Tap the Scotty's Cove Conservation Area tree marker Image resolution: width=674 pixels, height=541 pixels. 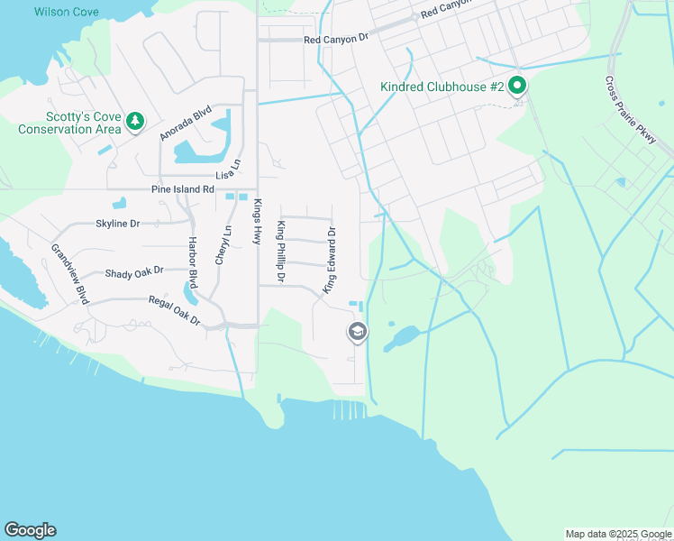tap(135, 120)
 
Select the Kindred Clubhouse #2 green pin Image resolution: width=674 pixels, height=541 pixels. tap(517, 87)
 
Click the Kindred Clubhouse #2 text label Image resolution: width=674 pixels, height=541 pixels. tap(442, 87)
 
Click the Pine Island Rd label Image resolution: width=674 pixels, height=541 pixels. tap(183, 189)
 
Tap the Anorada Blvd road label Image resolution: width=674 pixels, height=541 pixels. tap(186, 124)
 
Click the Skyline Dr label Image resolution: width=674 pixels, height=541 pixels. tap(118, 223)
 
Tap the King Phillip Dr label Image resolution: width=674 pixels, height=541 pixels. tap(281, 252)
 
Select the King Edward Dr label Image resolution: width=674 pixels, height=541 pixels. tap(331, 260)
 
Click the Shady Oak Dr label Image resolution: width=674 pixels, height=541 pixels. tap(134, 271)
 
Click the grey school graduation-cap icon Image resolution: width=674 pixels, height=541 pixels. tap(357, 332)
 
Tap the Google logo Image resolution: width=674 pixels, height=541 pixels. tap(31, 530)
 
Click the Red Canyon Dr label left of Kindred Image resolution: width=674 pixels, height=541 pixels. tap(337, 40)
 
